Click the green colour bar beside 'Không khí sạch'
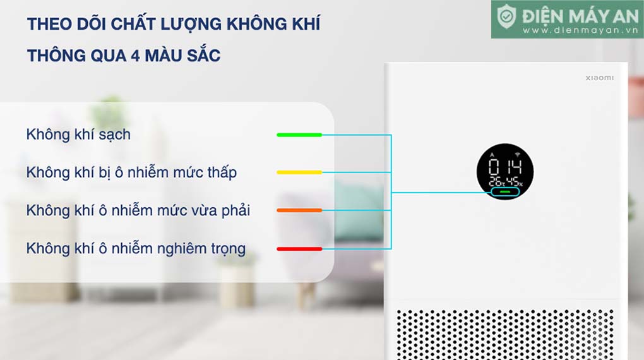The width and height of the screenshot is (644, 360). [299, 135]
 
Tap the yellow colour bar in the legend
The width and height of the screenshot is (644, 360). [299, 172]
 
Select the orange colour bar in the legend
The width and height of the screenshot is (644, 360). [299, 210]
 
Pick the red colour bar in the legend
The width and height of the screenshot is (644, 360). [299, 249]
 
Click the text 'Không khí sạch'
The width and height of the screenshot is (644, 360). [78, 135]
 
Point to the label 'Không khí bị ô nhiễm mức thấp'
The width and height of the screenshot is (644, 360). [131, 172]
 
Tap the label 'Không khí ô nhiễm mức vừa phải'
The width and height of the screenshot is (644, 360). [138, 210]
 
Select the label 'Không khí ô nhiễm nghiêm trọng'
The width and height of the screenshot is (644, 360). [136, 248]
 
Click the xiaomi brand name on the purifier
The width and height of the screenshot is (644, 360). [599, 78]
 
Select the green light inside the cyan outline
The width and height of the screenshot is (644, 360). [505, 191]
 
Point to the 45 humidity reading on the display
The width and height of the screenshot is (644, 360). [513, 182]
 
